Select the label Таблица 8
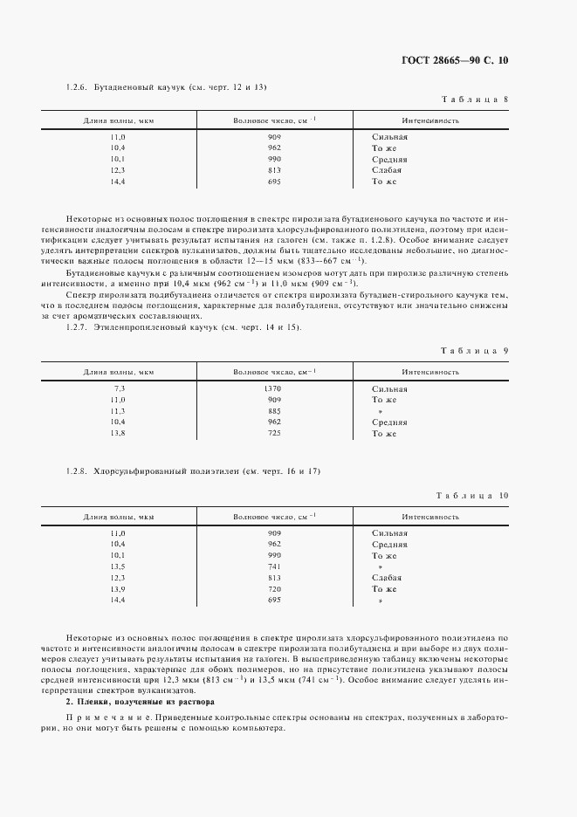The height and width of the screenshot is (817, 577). click(x=476, y=99)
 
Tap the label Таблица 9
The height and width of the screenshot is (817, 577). click(x=476, y=350)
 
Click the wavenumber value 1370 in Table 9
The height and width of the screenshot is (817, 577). click(x=273, y=388)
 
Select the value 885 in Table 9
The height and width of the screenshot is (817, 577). click(x=273, y=410)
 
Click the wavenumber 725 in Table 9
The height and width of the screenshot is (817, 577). click(x=273, y=433)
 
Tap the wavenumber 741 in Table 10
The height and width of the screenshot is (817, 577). click(x=273, y=566)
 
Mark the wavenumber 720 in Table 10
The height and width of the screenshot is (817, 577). click(x=273, y=589)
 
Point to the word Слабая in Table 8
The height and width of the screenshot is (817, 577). click(x=387, y=171)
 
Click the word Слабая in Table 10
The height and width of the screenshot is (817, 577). click(x=387, y=578)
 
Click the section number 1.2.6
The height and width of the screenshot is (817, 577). click(x=77, y=87)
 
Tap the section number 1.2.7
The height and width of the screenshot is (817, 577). click(x=77, y=327)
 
